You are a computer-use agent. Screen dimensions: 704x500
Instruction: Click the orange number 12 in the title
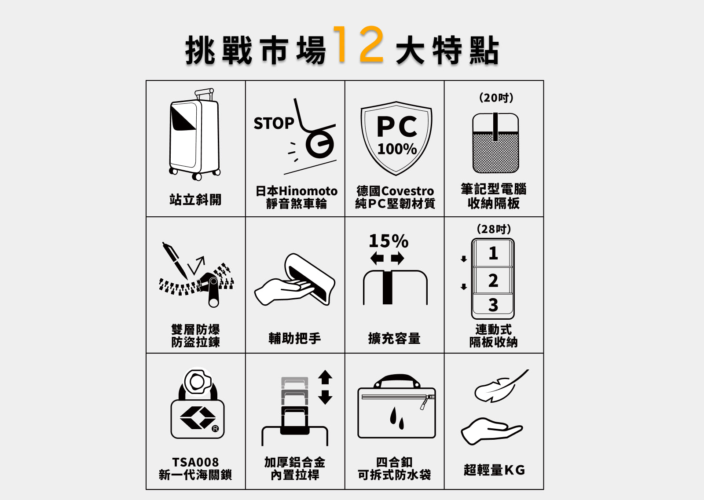pos(358,44)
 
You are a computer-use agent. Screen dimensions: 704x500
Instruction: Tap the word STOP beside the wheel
pos(274,123)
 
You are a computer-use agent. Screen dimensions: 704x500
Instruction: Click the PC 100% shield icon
pos(396,138)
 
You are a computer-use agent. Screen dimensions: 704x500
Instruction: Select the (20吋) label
pos(496,98)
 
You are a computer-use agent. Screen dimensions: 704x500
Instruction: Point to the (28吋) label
pos(494,229)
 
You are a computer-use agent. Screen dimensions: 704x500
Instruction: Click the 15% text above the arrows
pos(389,241)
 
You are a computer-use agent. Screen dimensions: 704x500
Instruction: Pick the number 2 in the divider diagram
pos(493,280)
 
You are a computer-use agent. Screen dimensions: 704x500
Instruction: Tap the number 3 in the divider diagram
pos(493,305)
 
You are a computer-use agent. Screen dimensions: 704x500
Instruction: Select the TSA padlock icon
pos(198,404)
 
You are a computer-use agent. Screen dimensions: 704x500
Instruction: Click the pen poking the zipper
pos(175,260)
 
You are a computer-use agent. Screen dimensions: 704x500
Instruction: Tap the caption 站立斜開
pos(195,200)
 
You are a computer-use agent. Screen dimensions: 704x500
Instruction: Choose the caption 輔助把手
pos(294,338)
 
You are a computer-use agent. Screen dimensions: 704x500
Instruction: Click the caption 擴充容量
pos(394,338)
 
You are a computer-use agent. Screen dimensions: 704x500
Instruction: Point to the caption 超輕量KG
pos(494,470)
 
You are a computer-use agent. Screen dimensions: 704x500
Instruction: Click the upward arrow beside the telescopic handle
pos(325,377)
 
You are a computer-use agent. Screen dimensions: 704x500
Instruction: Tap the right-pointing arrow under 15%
pos(398,258)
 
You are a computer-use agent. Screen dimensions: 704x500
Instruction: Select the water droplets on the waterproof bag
pos(396,418)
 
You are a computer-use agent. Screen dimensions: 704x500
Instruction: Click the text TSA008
pos(195,462)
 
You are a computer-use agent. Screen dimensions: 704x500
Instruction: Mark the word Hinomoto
pos(308,191)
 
